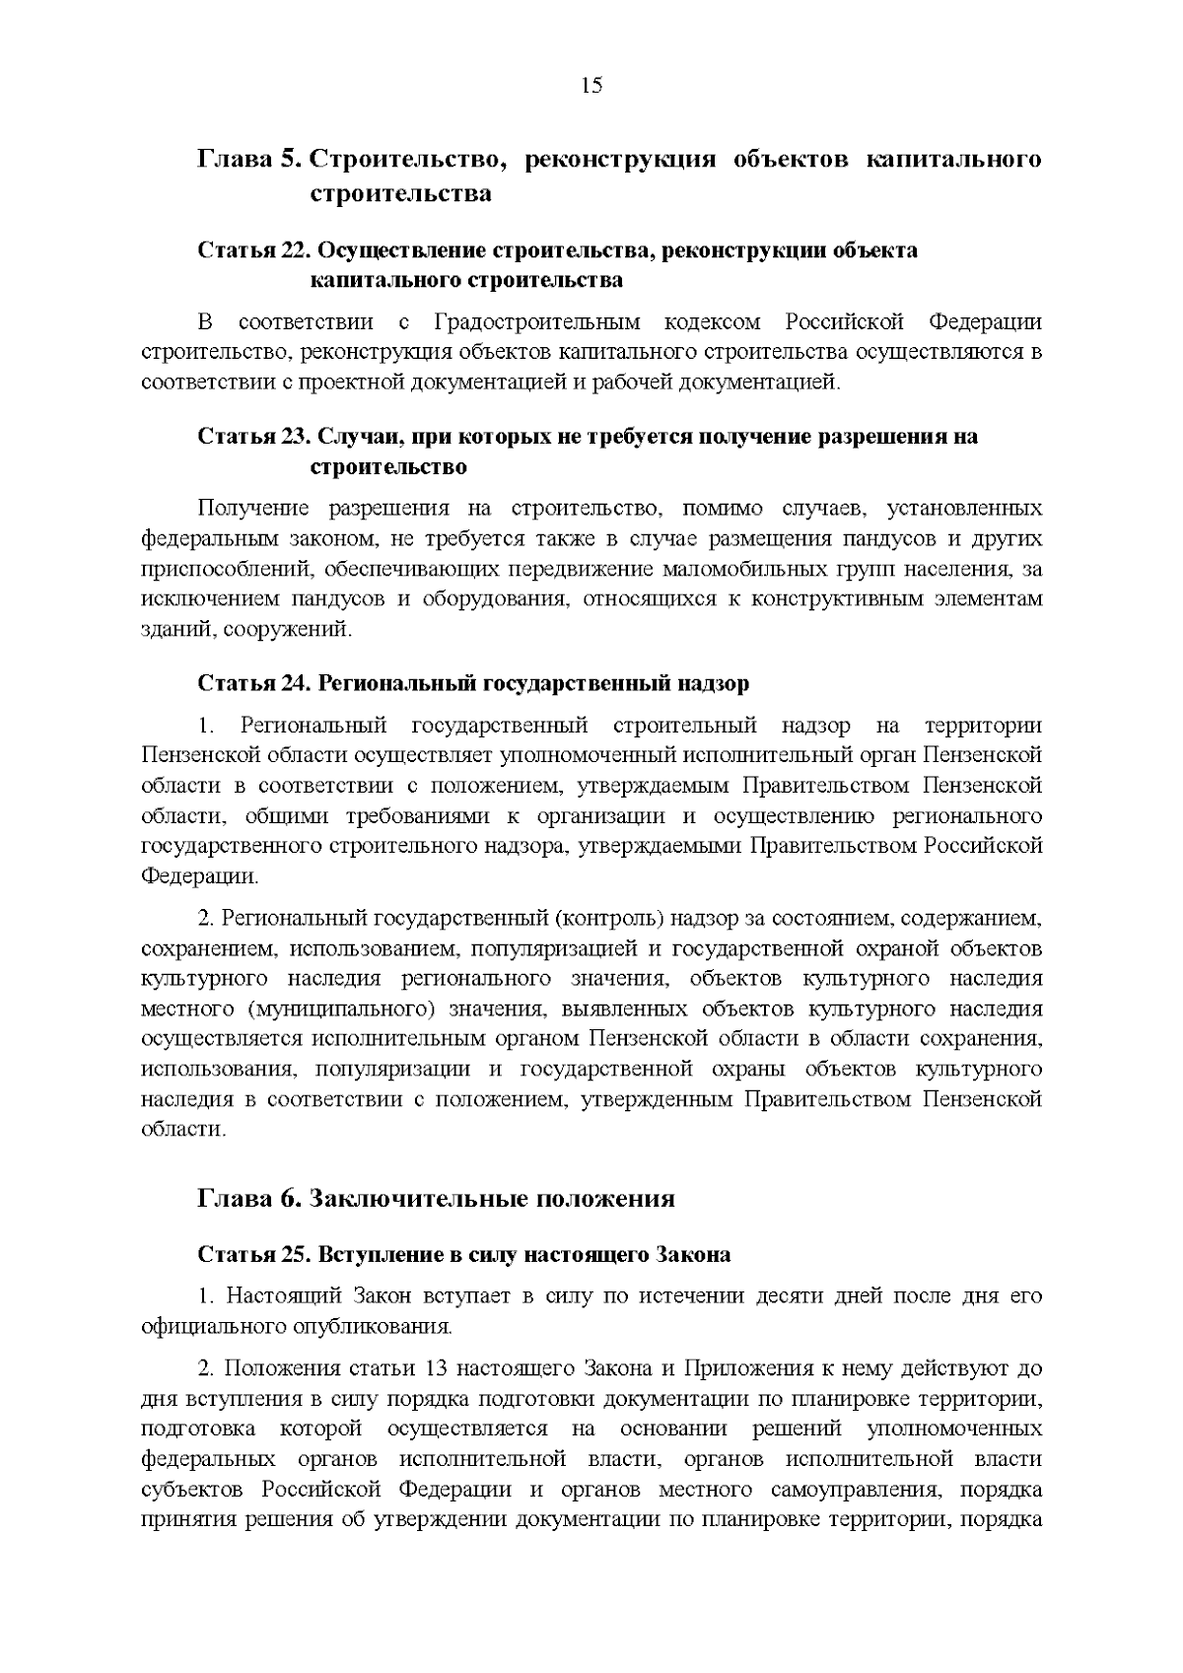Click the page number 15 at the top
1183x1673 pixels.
591,86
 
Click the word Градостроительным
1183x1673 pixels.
536,322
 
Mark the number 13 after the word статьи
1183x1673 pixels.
440,1368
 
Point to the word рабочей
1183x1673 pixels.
633,382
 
